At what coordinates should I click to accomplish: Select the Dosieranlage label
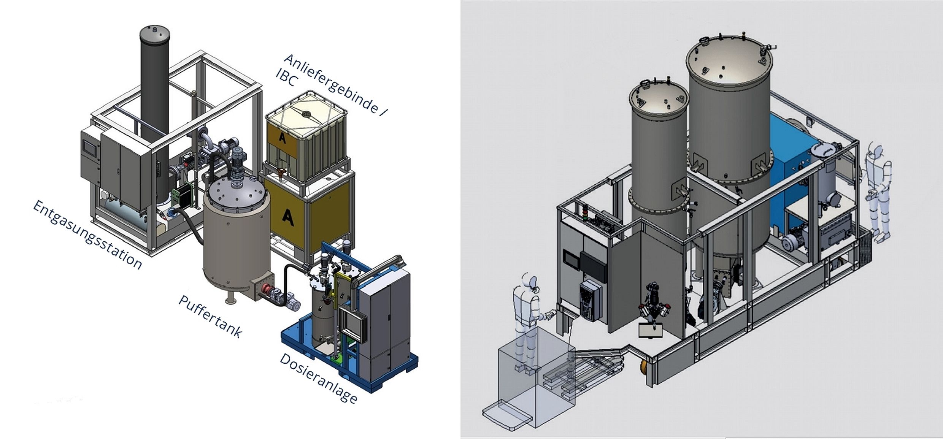coord(319,378)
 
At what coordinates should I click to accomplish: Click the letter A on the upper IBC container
coord(282,138)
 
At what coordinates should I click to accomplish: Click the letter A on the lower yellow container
coord(288,217)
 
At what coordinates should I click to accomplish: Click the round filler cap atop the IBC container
coord(305,113)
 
